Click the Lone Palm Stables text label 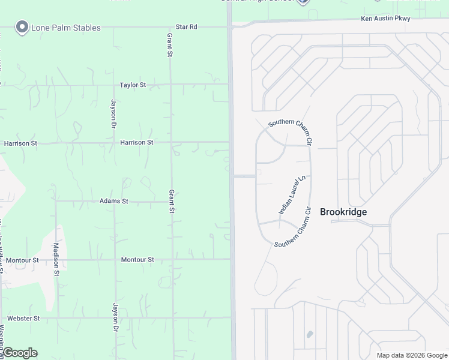(x=67, y=28)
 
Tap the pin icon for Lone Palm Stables (x=22, y=27)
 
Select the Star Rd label (x=186, y=27)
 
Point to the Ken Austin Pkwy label (x=385, y=19)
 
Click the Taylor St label (x=133, y=85)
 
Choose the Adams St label (x=114, y=201)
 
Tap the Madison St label (x=56, y=259)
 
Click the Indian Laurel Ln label (x=292, y=195)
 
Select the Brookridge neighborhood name (x=343, y=212)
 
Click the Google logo (x=20, y=353)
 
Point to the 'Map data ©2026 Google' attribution (x=412, y=355)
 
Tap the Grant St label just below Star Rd (x=170, y=46)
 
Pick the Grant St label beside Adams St (x=171, y=202)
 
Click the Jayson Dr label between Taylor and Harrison (x=113, y=114)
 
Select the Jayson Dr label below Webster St (x=114, y=318)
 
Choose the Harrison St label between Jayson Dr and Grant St (x=137, y=143)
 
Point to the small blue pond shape (x=310, y=334)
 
